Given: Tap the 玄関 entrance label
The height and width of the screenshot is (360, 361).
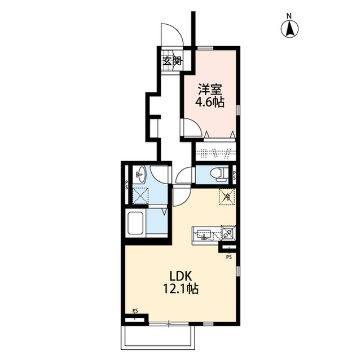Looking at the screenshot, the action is tap(173, 61).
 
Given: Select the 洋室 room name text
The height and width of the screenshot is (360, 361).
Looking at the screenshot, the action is tap(210, 90).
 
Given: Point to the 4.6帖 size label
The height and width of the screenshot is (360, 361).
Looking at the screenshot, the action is tap(210, 103).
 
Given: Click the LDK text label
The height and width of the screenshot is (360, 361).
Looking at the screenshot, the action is tap(180, 276).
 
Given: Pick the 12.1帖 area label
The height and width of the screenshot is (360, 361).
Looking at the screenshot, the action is tap(180, 289).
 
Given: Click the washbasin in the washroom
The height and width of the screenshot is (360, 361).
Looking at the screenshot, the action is tap(140, 174).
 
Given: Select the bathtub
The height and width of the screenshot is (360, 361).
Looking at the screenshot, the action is tap(136, 224).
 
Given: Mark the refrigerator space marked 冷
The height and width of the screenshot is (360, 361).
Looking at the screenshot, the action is tap(227, 197).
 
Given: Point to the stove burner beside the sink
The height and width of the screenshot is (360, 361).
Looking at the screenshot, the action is tap(228, 233).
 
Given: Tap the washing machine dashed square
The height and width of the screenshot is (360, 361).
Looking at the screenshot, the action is tap(141, 195).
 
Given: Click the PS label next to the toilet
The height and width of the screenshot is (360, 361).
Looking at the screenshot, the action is tap(235, 175).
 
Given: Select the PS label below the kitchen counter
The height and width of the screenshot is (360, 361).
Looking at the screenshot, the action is tap(229, 257).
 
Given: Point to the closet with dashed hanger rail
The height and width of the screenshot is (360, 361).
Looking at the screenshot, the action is tap(215, 151).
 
